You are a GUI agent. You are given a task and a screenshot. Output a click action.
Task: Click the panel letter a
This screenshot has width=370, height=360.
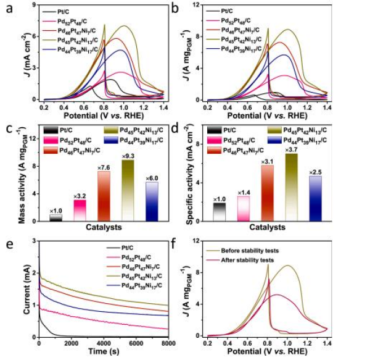click(7, 8)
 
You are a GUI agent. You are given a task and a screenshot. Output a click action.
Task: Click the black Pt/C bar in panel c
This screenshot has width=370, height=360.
click(56, 217)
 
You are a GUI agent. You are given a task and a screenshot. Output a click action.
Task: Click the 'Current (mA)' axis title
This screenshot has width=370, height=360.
click(26, 288)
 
